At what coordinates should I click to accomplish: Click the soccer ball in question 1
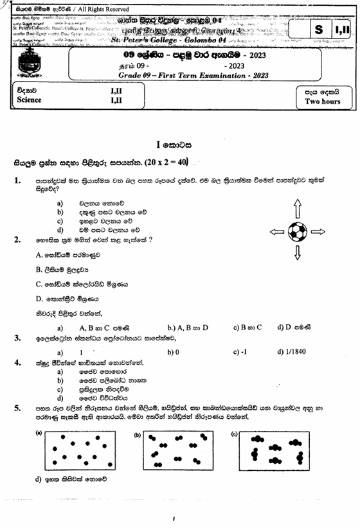[298, 230]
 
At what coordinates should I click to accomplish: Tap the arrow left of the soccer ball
[276, 231]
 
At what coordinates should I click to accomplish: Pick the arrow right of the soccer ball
[319, 231]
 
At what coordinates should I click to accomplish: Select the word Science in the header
[30, 100]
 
